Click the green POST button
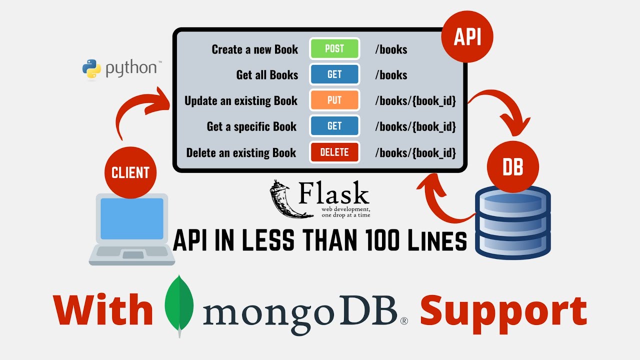pos(334,49)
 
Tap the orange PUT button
pos(334,100)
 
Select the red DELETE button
pos(334,152)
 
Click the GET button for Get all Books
pos(334,74)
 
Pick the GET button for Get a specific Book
pos(334,126)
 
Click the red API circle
pos(467,37)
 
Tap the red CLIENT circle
pos(130,172)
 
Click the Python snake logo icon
pos(91,69)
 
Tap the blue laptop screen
pos(132,218)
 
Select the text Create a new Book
pos(254,49)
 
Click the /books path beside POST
pos(391,49)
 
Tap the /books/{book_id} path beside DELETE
pos(415,153)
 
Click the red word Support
pos(502,310)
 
